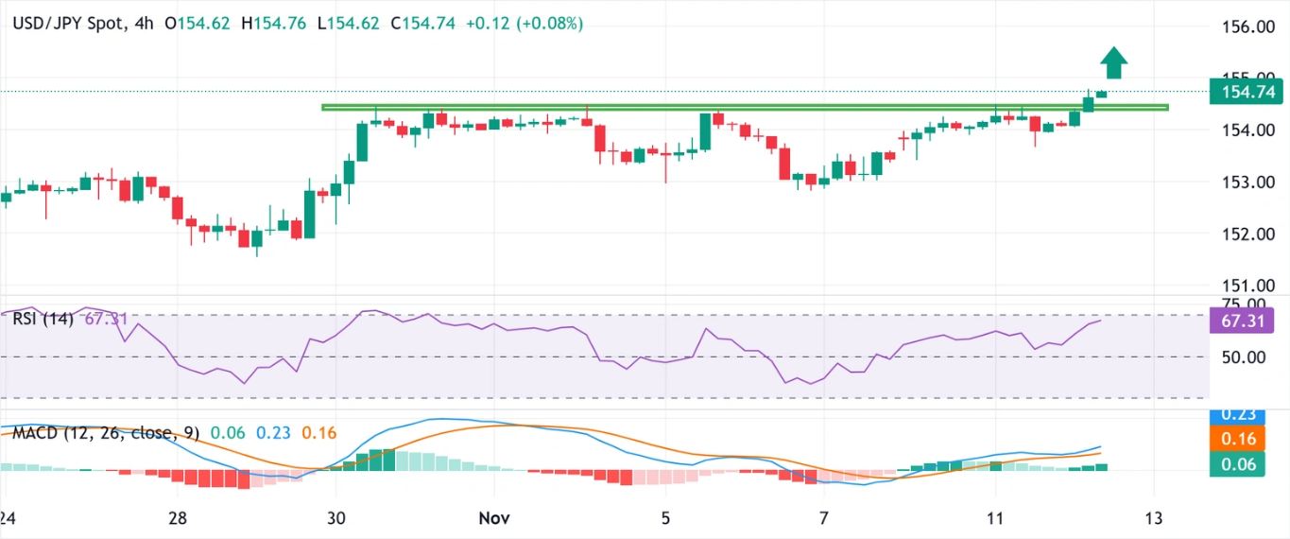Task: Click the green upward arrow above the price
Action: tap(1114, 62)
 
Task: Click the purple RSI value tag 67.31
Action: tap(1242, 322)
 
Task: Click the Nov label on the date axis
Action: tap(494, 518)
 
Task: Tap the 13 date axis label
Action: tap(1153, 518)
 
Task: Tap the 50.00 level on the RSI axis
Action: tap(1242, 357)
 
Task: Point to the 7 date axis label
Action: tap(823, 518)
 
